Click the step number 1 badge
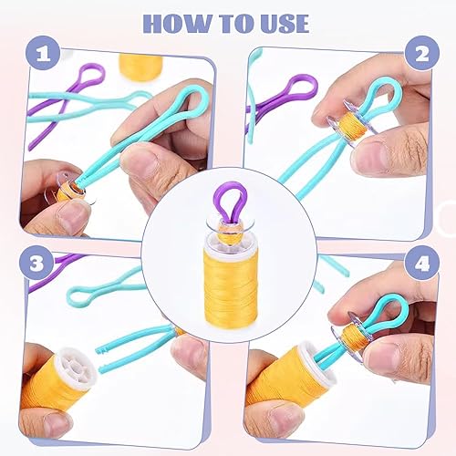[43, 55]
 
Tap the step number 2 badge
[422, 54]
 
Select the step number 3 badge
[36, 264]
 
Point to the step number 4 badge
[422, 264]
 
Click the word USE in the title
[285, 24]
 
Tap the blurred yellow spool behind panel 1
[141, 67]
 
